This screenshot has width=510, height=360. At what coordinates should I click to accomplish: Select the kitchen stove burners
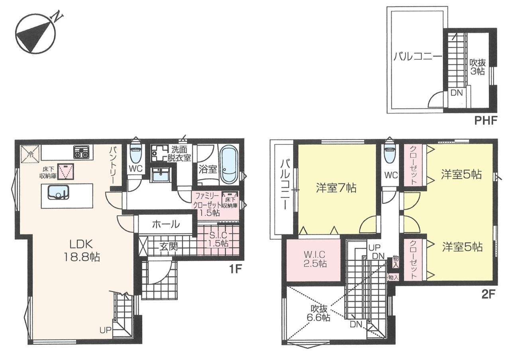[x=82, y=152]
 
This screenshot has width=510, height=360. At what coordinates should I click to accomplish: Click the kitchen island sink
[x=58, y=193]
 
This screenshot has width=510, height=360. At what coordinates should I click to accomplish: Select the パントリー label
[x=113, y=165]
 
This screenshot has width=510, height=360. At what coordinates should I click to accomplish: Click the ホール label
[x=166, y=224]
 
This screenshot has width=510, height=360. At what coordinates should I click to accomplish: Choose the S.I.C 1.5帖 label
[x=218, y=239]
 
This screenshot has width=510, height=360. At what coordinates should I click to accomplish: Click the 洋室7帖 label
[x=336, y=188]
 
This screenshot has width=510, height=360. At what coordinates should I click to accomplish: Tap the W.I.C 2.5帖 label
[x=315, y=259]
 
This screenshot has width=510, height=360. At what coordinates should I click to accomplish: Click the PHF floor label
[x=486, y=120]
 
